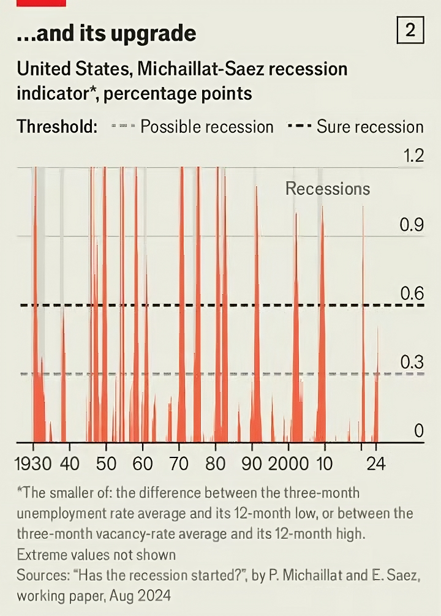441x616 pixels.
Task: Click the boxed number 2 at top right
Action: click(410, 31)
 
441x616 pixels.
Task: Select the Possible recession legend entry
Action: click(206, 127)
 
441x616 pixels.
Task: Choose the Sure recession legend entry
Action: click(370, 127)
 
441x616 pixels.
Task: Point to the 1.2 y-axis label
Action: click(413, 156)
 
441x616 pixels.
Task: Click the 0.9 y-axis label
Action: click(412, 225)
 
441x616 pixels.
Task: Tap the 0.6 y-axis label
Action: click(412, 294)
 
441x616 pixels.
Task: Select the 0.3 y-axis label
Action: click(412, 362)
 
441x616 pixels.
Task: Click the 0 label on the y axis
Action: click(419, 431)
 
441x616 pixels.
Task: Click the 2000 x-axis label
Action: click(288, 464)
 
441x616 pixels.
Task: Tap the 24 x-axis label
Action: click(375, 464)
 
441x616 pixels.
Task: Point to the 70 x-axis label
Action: click(179, 464)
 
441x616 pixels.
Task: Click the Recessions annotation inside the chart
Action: click(328, 189)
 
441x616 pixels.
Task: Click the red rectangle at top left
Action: click(41, 3)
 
